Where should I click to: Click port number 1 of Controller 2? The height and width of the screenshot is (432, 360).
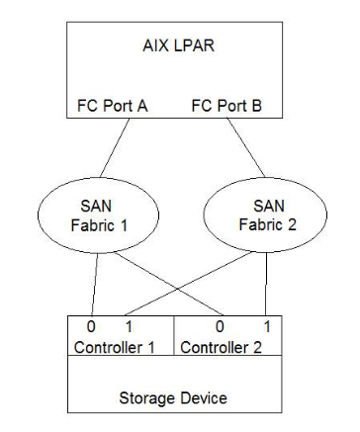pyautogui.click(x=267, y=327)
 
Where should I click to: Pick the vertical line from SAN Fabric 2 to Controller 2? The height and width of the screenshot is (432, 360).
pyautogui.click(x=267, y=279)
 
